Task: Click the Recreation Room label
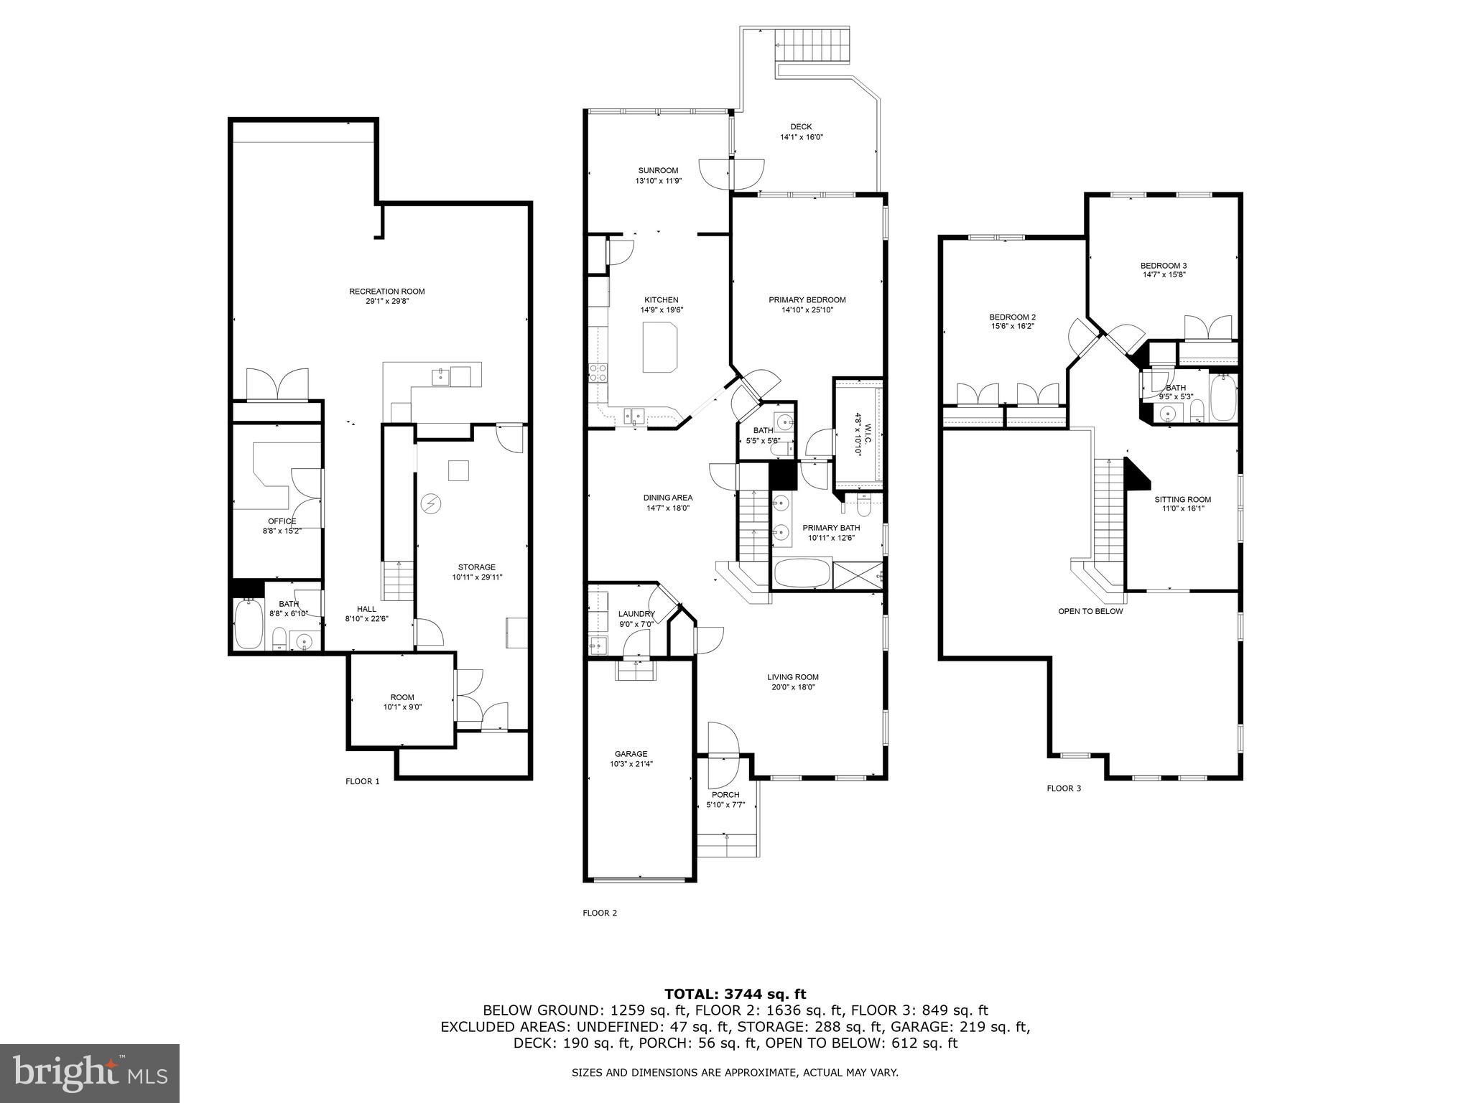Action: [x=386, y=292]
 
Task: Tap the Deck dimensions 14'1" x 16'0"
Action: [x=802, y=137]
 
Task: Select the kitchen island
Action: [x=659, y=347]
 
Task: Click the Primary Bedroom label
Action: [x=807, y=300]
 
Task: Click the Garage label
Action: [x=631, y=754]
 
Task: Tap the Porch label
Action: [x=725, y=795]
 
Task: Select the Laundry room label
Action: [x=636, y=614]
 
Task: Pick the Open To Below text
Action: [x=1090, y=612]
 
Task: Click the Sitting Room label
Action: [x=1182, y=500]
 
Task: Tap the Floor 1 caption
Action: [x=362, y=781]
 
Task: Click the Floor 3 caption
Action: [x=1063, y=788]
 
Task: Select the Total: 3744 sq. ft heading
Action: [x=735, y=995]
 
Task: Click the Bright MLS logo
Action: [x=90, y=1074]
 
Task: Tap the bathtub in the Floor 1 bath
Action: [x=249, y=623]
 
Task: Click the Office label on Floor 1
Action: [x=282, y=521]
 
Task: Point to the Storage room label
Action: [x=476, y=567]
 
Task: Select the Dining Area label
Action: [x=667, y=498]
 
